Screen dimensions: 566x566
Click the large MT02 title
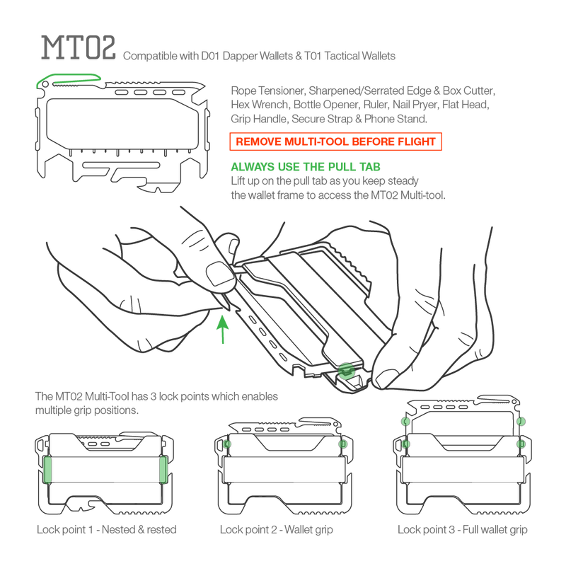click(x=79, y=47)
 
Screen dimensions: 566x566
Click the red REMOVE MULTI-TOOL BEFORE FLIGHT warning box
click(x=335, y=141)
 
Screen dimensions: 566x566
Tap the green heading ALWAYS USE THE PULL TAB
click(x=306, y=167)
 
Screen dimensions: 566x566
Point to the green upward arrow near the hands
click(x=223, y=329)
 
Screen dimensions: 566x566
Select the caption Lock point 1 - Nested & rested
click(x=107, y=529)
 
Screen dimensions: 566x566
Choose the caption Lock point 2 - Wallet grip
click(x=276, y=529)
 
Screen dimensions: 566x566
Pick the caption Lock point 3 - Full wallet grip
click(x=463, y=529)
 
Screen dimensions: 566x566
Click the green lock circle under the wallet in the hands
click(x=346, y=371)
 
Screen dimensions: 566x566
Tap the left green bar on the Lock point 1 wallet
click(x=47, y=469)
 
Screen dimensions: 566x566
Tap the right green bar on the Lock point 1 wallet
click(x=163, y=469)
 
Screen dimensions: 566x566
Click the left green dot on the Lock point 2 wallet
click(x=226, y=444)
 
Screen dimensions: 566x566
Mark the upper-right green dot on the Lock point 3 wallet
click(x=521, y=421)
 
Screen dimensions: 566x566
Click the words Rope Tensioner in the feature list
click(x=267, y=91)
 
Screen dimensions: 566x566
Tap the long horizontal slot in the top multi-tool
click(x=121, y=166)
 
